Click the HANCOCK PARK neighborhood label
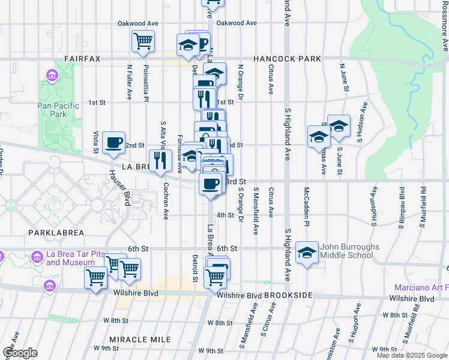287,59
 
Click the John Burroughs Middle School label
349,251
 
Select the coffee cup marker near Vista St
113,143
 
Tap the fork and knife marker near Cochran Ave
160,160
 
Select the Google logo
20,353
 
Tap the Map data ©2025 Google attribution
411,355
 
